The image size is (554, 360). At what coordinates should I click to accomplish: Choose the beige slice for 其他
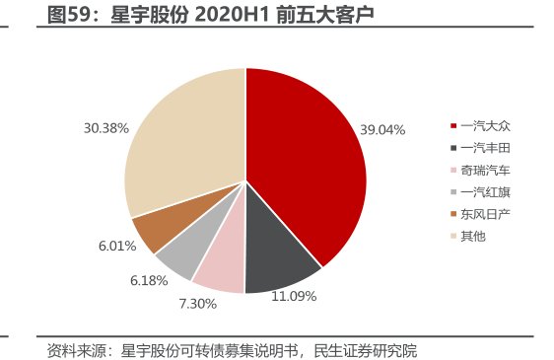click(182, 138)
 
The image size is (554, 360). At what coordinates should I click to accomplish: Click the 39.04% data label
click(382, 129)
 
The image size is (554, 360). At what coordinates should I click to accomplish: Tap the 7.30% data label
click(196, 303)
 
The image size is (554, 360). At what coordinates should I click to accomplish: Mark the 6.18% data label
click(149, 281)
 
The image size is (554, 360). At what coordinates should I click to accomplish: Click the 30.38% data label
click(105, 127)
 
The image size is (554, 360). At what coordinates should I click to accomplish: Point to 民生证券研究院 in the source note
click(366, 350)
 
